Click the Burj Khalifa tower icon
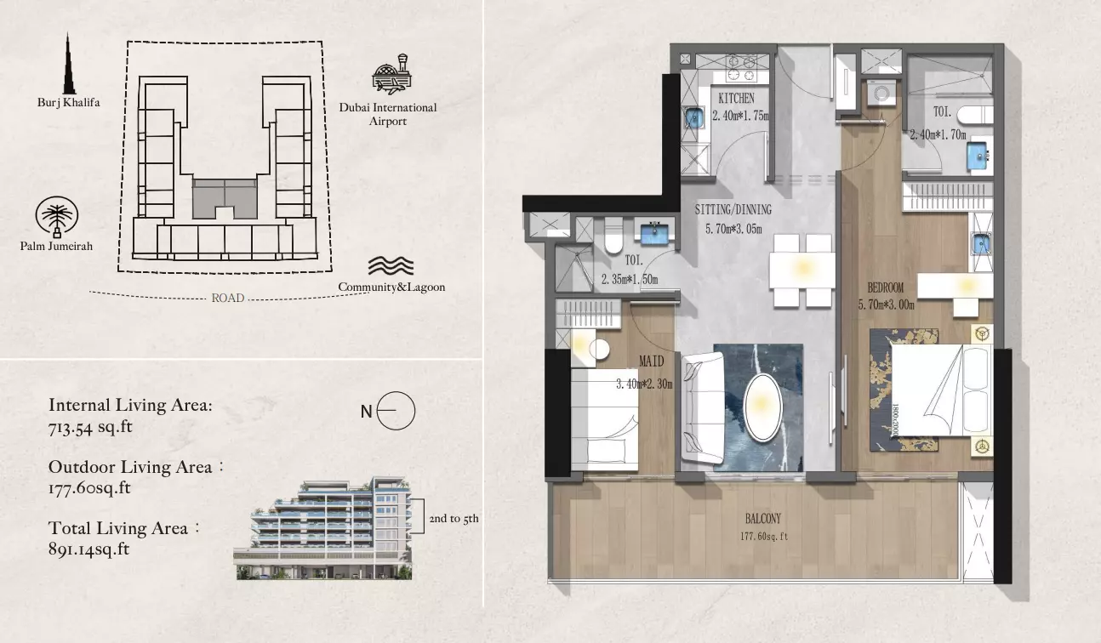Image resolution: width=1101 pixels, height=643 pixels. (x=69, y=64)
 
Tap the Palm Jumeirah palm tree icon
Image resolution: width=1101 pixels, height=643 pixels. (x=56, y=217)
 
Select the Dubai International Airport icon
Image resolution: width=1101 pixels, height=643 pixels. (x=392, y=74)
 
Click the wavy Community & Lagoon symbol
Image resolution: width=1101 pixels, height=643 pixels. (x=391, y=265)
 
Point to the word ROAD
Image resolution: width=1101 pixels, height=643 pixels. (x=227, y=299)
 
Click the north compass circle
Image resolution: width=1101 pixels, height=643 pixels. (x=396, y=411)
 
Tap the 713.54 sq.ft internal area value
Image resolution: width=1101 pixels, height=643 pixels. (x=90, y=427)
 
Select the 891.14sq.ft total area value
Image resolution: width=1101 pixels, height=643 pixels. (x=89, y=549)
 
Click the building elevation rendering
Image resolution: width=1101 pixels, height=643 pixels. (x=323, y=528)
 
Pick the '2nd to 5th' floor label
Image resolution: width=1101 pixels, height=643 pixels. (x=454, y=519)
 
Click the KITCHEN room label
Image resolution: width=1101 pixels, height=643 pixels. (x=736, y=99)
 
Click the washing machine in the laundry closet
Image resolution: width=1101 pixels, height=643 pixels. (x=881, y=93)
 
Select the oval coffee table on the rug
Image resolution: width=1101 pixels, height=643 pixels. (x=762, y=407)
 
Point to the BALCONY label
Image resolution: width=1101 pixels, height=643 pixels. (x=763, y=519)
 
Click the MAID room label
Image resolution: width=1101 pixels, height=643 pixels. (x=651, y=361)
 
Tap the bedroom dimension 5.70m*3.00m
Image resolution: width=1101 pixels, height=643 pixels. (x=887, y=305)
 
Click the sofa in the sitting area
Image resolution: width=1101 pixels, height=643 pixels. (x=703, y=407)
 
